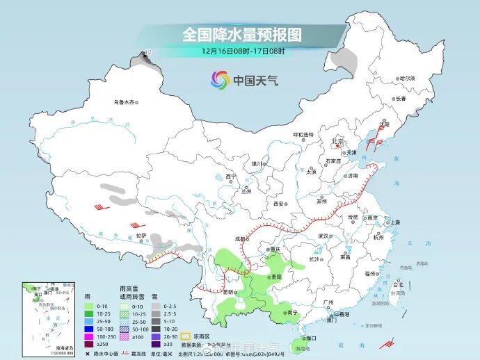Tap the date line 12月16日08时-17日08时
click(243, 51)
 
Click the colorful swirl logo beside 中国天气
click(220, 80)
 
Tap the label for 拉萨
click(141, 236)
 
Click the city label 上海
click(395, 222)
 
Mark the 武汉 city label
click(323, 236)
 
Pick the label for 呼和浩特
click(303, 134)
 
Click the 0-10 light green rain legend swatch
click(88, 306)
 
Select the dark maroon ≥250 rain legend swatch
click(88, 343)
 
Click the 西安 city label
click(279, 204)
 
